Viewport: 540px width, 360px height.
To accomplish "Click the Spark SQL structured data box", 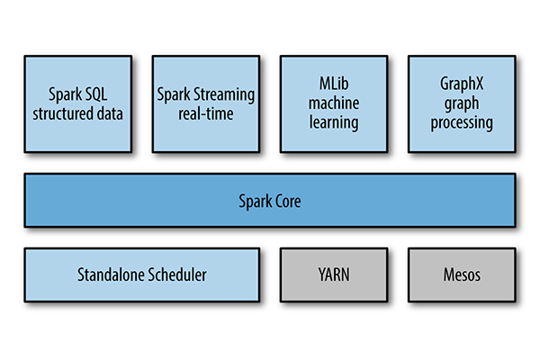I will click(x=77, y=103).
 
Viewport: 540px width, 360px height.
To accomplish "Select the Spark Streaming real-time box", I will click(x=205, y=103).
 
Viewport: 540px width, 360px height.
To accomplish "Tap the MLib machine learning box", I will click(x=334, y=103).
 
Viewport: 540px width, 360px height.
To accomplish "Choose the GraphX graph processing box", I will click(x=462, y=103).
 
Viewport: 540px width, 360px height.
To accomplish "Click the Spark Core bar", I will click(x=270, y=201).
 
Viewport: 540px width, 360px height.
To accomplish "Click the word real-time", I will click(x=206, y=113).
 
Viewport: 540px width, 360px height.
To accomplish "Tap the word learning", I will click(x=334, y=122).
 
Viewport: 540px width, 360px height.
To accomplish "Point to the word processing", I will click(x=462, y=122).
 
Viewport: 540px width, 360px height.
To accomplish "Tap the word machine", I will click(x=334, y=105).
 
